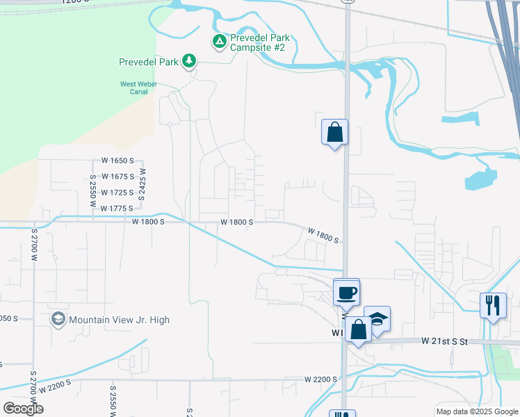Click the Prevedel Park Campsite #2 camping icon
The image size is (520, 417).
coord(219,42)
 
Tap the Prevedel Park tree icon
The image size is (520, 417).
coord(188,62)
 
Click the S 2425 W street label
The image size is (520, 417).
coord(142,185)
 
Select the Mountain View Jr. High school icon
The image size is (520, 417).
coord(58,320)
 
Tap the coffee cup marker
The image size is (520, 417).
coord(346,292)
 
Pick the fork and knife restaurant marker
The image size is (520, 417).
coord(493,305)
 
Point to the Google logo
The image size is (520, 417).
coord(23,409)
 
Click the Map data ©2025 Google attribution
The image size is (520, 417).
coord(478,411)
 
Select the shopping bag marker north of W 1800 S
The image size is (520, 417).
coord(334,131)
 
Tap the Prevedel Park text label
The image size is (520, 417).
coord(148,62)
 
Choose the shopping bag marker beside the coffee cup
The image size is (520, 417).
coord(359,329)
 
